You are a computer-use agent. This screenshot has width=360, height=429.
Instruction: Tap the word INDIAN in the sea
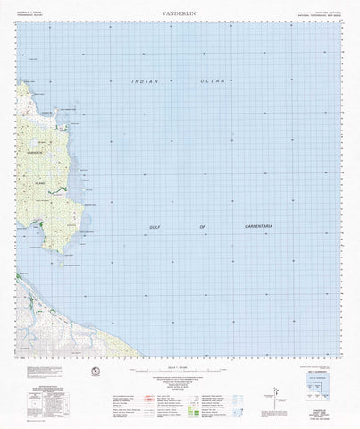coord(144,81)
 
